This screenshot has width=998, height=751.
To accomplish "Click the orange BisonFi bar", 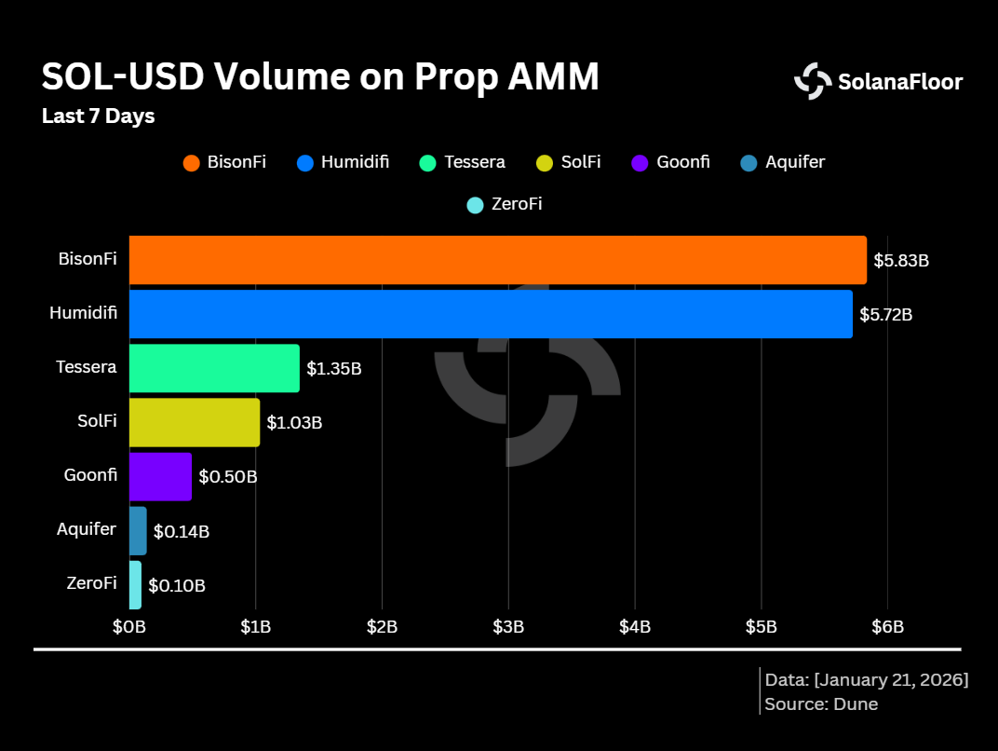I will coord(497,260).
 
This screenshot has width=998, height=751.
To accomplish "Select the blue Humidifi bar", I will coord(491,314).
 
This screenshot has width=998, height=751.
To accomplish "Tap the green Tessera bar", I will coord(214,368).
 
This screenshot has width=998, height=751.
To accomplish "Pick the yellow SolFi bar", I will coord(195,422).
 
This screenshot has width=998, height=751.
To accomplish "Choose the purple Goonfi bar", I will coord(160,476).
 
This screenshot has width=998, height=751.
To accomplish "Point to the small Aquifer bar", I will coord(138,530).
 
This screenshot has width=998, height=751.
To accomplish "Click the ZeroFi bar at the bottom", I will coord(135,584).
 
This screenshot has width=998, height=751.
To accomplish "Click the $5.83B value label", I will coord(900,261).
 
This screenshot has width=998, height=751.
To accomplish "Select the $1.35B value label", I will coord(333,369).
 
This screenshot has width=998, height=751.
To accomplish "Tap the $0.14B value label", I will coord(181,532).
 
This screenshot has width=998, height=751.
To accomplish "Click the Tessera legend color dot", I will coord(428,163).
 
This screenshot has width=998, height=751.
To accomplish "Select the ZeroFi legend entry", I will coord(505,204).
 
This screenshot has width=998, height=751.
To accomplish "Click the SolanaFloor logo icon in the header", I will coord(813,81).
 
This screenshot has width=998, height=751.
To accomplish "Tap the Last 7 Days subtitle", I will coord(98,117).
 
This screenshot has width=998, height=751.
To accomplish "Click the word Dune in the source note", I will coord(856,704).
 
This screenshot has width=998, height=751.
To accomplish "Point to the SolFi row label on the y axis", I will coord(97,421).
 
